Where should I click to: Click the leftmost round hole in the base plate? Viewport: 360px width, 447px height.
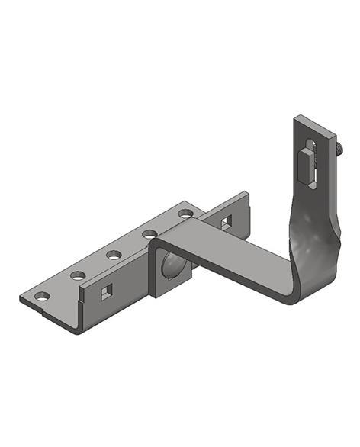pos(42,295)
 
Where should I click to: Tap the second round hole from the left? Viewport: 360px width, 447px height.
pos(78,275)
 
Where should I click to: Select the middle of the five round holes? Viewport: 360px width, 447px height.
pos(114,254)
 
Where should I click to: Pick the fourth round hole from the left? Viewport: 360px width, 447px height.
pos(149,233)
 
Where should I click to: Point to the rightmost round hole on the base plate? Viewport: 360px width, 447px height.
pos(185,212)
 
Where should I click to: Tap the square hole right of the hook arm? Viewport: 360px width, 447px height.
pos(226,221)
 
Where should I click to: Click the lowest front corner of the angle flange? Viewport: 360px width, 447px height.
pos(77,331)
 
